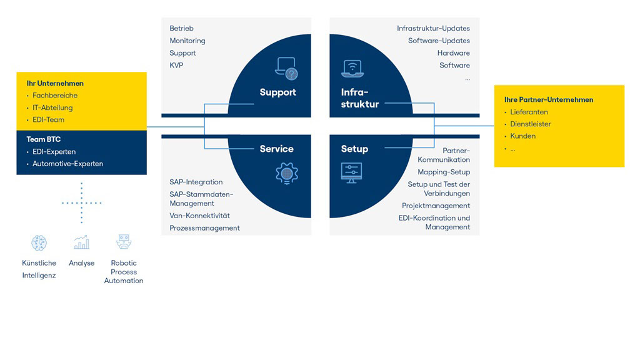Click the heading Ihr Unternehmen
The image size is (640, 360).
(55, 83)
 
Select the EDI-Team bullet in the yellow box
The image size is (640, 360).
(48, 119)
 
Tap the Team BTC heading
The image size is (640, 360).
(44, 139)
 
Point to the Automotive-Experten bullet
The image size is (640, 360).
(67, 164)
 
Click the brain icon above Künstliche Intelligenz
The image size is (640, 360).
(39, 243)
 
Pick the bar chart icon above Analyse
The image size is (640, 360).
(82, 242)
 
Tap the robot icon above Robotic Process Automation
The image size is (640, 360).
(124, 242)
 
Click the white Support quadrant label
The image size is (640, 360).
(278, 92)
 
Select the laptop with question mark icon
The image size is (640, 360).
(286, 68)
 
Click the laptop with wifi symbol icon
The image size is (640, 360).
(352, 69)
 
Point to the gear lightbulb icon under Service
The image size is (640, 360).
(287, 174)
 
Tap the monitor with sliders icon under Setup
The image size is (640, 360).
(351, 173)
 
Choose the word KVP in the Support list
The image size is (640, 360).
(176, 65)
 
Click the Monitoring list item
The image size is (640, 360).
(187, 41)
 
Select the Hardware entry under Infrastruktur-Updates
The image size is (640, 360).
(454, 53)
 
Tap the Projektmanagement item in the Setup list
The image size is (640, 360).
(436, 206)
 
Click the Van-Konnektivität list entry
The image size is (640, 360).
(199, 216)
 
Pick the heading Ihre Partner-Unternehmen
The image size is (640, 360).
(549, 99)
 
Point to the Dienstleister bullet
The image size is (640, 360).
(531, 124)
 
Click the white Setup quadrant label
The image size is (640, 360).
(355, 149)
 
